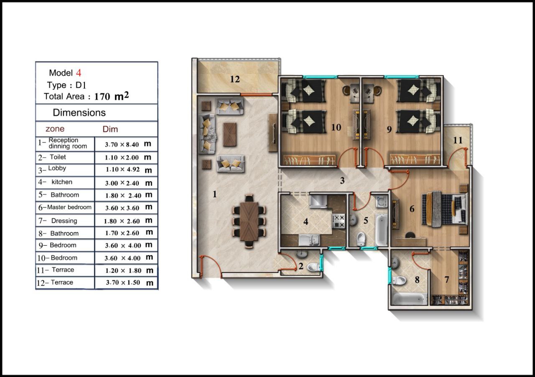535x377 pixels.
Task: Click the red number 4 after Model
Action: (79, 73)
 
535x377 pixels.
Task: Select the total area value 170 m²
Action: (112, 96)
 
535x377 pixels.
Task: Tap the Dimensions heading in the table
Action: (79, 112)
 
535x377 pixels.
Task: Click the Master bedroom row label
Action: (69, 207)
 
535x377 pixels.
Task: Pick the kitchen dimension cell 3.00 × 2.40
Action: (122, 183)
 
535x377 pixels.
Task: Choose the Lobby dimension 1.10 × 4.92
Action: (123, 169)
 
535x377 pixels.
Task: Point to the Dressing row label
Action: (64, 221)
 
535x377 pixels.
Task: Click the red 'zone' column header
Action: (55, 129)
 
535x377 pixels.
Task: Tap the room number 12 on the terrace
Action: (235, 79)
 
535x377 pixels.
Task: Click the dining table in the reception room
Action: (249, 222)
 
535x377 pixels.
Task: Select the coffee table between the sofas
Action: (230, 135)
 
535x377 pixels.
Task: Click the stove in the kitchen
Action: (339, 221)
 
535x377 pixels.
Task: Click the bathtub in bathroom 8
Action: (409, 299)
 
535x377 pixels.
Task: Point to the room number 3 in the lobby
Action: (342, 181)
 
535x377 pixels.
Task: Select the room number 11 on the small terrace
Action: (458, 140)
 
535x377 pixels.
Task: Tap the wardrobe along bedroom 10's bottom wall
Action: (309, 159)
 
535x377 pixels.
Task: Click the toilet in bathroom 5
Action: (361, 239)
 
